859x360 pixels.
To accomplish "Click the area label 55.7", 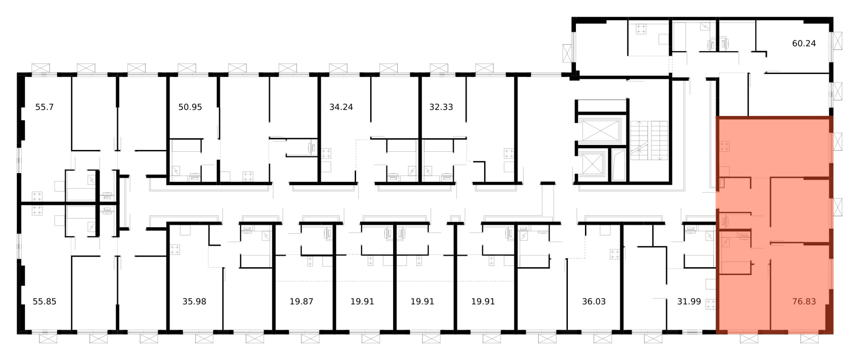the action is pos(44,107).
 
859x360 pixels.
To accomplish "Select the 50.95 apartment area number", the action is pos(190,107).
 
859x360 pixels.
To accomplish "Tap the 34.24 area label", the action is pos(341,107).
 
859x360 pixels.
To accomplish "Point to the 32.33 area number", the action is pos(441,107).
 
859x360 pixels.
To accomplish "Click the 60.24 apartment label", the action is pos(804,43).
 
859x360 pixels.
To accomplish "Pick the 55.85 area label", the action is pos(45,302).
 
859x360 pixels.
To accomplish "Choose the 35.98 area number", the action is pos(194,302).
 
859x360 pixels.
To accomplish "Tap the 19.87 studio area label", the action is pos(301,302).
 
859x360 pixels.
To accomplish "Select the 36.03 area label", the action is pos(594,302).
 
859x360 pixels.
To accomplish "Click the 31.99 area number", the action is pos(689,302).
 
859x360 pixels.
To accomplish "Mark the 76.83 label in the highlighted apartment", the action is pos(804,302).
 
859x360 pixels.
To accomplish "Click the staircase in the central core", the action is pos(649,140).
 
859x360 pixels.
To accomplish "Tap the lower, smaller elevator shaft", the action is pos(591,164).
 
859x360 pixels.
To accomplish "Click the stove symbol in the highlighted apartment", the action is pos(725,146).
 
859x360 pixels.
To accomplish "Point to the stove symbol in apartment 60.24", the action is pos(641,29).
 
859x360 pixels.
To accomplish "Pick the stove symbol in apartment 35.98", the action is pos(174,250).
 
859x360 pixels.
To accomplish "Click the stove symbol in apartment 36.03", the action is pos(615,254).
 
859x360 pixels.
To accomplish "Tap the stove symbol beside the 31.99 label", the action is pos(710,305).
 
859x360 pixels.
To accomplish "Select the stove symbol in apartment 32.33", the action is pos(509,153).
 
